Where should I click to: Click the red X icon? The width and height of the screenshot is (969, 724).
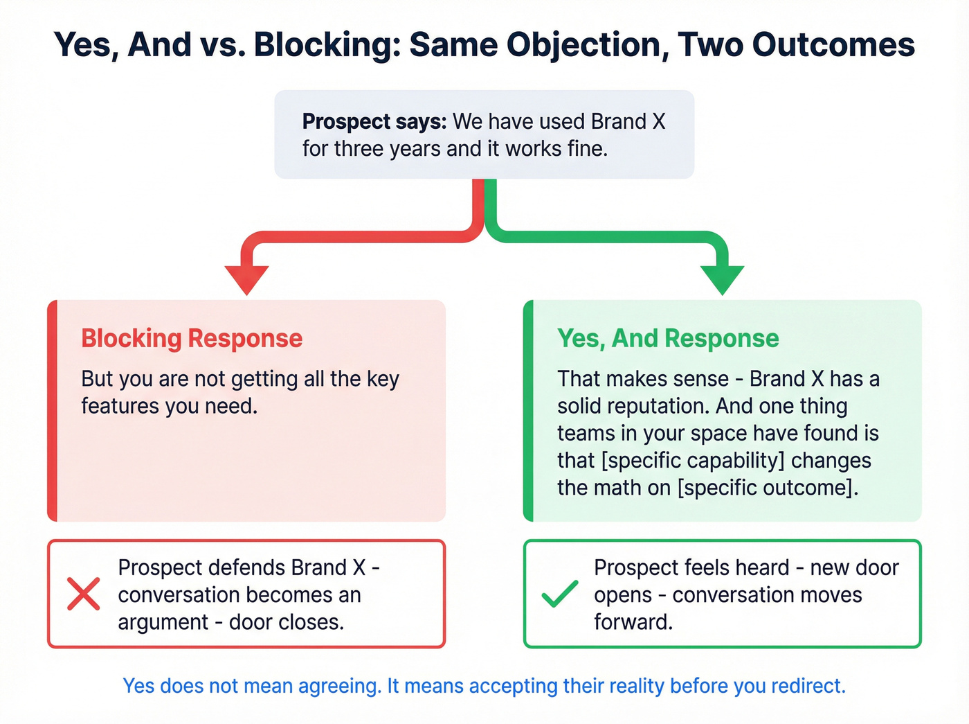coord(83,594)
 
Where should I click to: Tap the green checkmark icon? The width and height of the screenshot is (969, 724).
coord(559,594)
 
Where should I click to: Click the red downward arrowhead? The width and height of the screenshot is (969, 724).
coord(246,279)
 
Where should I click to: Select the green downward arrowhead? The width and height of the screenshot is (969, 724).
coord(722,279)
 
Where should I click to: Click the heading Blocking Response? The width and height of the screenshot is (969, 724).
coord(192,338)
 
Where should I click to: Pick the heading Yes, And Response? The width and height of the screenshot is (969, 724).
coord(668,338)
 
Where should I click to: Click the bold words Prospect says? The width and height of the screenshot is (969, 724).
coord(374,121)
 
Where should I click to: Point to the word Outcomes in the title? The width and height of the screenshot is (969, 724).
coord(833,45)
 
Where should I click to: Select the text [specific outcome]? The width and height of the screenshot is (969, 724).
coord(768,488)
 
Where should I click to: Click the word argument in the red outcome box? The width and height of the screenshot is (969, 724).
coord(163,622)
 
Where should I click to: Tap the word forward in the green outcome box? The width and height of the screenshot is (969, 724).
coord(633,622)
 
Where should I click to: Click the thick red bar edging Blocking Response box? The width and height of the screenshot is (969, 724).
coord(52,411)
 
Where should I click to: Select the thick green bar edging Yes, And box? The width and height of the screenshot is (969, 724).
coord(528,411)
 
